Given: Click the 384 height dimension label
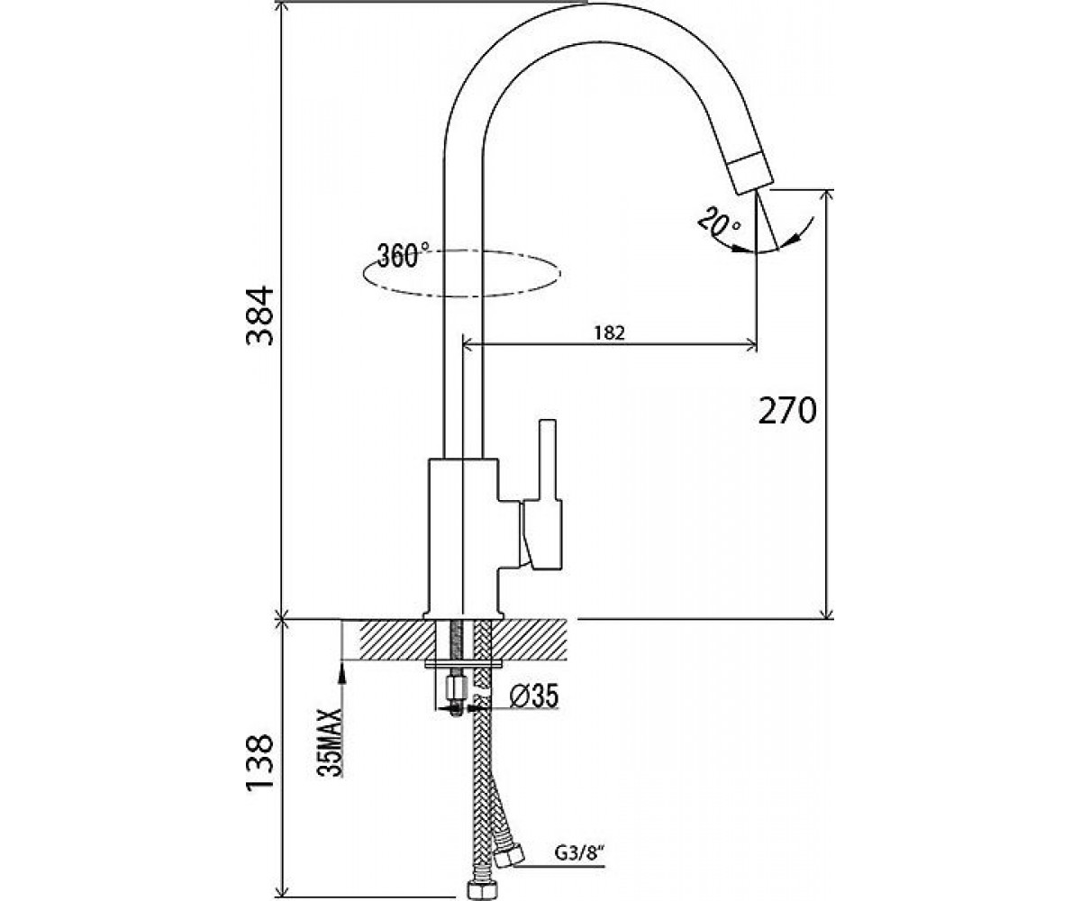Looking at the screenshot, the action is pos(260,315).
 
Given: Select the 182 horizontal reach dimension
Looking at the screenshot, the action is pos(609,333).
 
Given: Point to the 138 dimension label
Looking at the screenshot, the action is pos(260,764).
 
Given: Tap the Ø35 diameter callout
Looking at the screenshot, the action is pos(534,696).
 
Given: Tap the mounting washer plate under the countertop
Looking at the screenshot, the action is pos(463,663).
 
